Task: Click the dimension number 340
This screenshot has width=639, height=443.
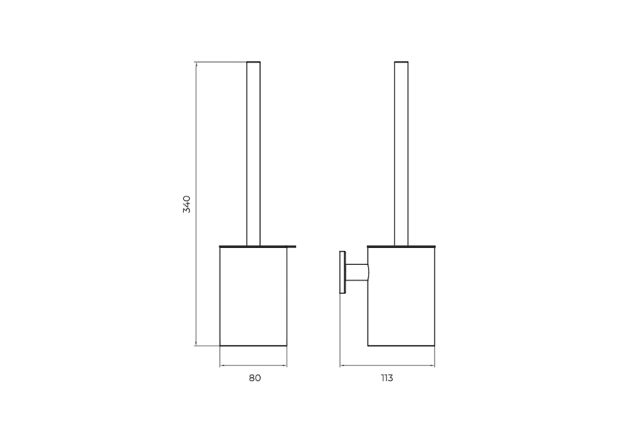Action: pos(187,205)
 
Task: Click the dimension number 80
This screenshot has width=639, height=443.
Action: pos(254,378)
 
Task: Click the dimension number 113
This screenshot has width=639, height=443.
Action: pos(386,378)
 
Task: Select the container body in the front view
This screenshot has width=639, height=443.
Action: pos(253,296)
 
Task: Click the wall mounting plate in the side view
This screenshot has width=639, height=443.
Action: pos(342,272)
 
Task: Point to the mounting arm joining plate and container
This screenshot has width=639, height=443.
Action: pos(357,272)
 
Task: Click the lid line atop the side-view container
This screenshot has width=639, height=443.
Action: pos(401,246)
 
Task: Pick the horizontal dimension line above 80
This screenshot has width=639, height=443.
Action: pos(253,365)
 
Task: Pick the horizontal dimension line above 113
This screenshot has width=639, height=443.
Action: pos(386,365)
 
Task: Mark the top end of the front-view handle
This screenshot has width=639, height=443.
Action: pos(253,63)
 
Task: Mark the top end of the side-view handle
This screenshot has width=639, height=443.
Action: pos(401,63)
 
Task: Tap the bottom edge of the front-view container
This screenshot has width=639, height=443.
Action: pos(253,346)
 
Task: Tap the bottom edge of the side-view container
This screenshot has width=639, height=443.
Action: pos(401,346)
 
